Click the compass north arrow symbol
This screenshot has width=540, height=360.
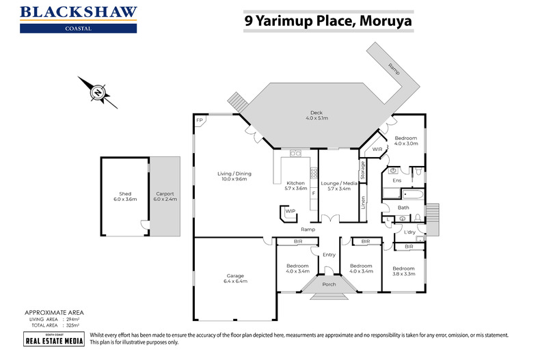coord(98,92)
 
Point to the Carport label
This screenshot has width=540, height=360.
coord(165,197)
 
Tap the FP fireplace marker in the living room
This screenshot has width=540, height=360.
coord(200,121)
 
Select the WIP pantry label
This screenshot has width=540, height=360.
coord(290,212)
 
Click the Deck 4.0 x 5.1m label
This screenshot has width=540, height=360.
coord(316,115)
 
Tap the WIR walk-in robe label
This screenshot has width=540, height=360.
coord(377,149)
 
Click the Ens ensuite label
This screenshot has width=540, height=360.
coord(396,180)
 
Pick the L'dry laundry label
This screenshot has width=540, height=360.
coord(411,232)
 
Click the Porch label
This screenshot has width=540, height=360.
coord(329,283)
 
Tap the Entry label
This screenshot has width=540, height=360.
coord(329,255)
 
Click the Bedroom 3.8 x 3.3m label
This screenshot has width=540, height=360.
coord(403,272)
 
